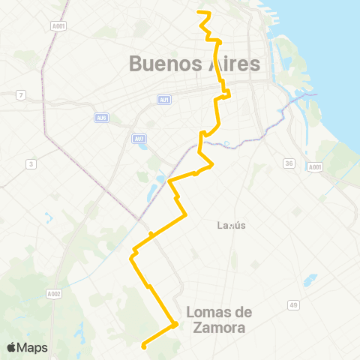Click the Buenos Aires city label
pyautogui.click(x=195, y=64)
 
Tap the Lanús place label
pyautogui.click(x=231, y=225)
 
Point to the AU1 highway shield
pyautogui.click(x=165, y=100)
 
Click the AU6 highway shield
pyautogui.click(x=102, y=117)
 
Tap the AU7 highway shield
pyautogui.click(x=139, y=139)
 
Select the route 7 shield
pyautogui.click(x=22, y=94)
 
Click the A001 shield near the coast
pyautogui.click(x=315, y=168)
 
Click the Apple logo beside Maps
pyautogui.click(x=11, y=347)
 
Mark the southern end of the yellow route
pyautogui.click(x=142, y=346)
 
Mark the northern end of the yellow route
pyautogui.click(x=199, y=12)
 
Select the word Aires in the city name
pyautogui.click(x=232, y=64)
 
